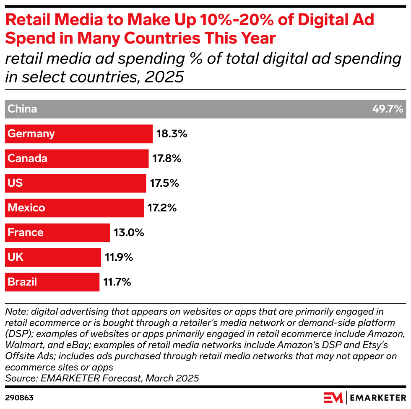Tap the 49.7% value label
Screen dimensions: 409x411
[x=388, y=109]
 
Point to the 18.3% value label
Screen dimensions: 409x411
[x=172, y=134]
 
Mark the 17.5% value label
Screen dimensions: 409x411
[x=164, y=183]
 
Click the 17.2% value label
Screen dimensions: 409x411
[x=161, y=208]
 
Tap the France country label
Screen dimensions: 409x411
[x=26, y=232]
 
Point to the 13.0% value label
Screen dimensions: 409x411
[x=128, y=232]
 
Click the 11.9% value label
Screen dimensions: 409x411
[x=119, y=257]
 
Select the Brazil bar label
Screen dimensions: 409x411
[x=22, y=282]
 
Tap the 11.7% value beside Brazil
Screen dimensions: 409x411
[x=117, y=282]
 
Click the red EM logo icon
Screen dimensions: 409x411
[x=333, y=397]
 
